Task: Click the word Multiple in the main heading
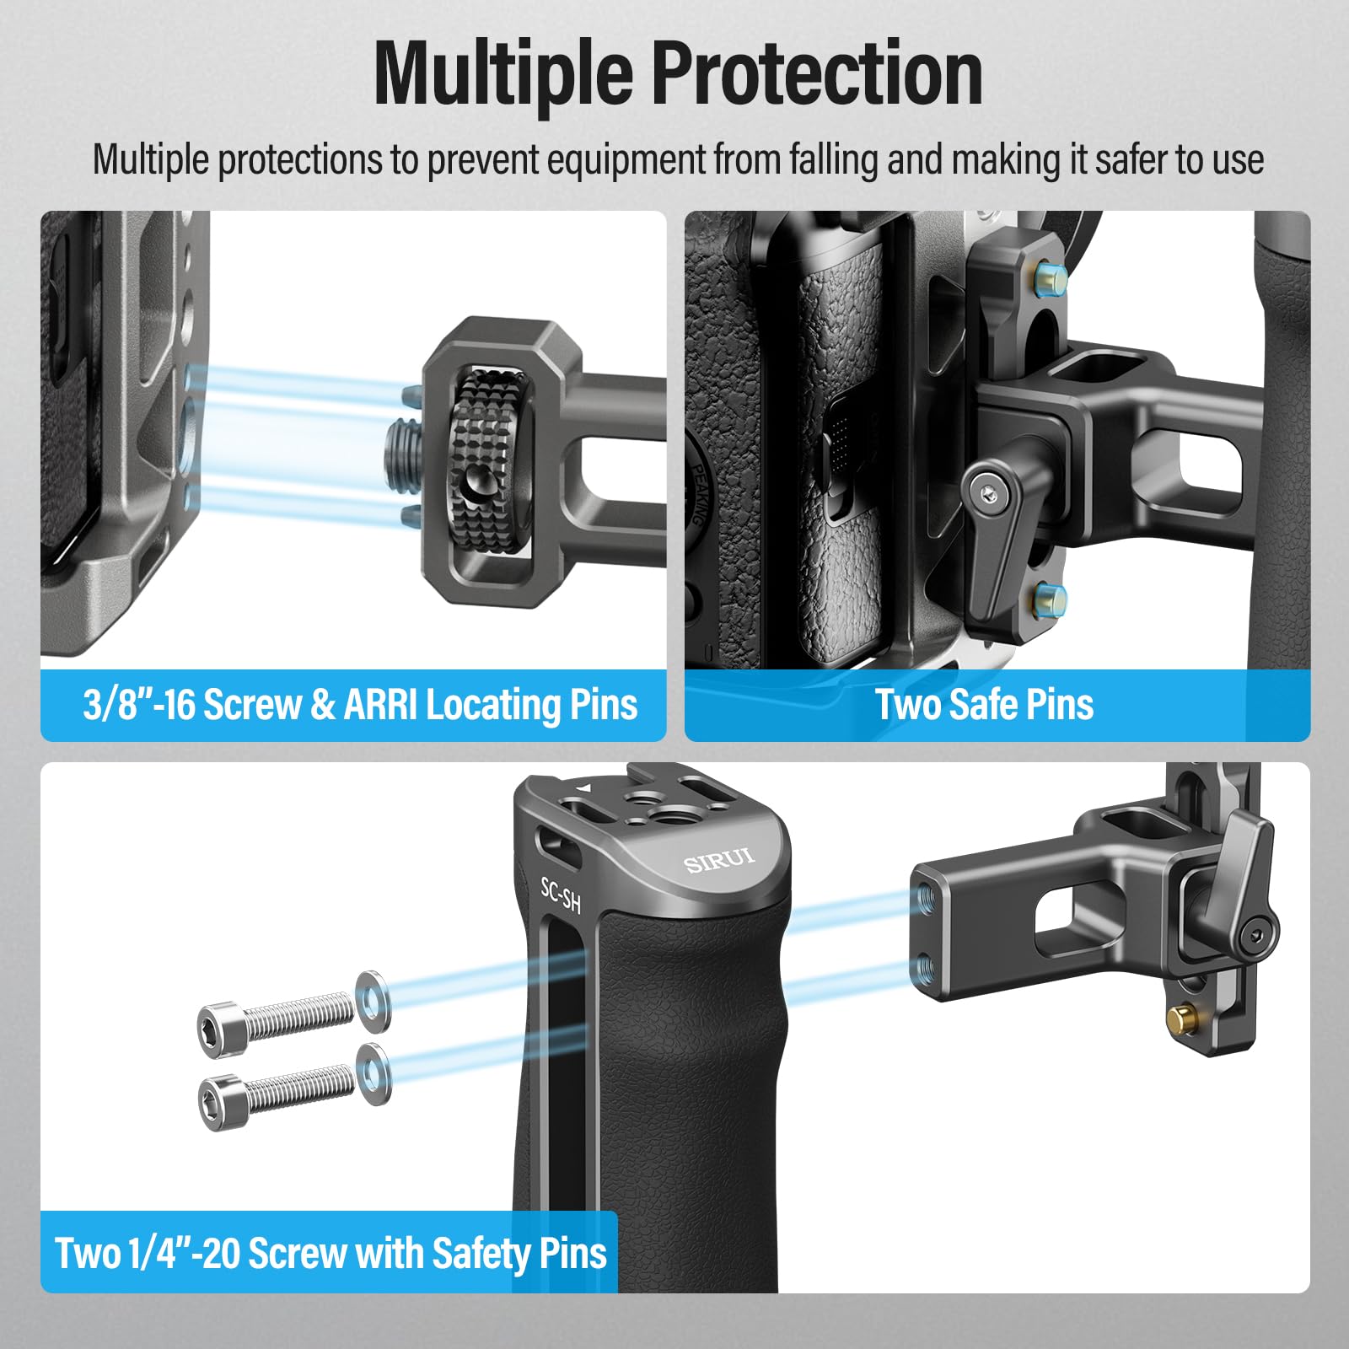(504, 74)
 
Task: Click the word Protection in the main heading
(817, 74)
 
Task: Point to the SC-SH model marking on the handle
(561, 895)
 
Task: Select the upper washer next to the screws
(372, 1001)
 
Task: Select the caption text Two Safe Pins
(984, 705)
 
